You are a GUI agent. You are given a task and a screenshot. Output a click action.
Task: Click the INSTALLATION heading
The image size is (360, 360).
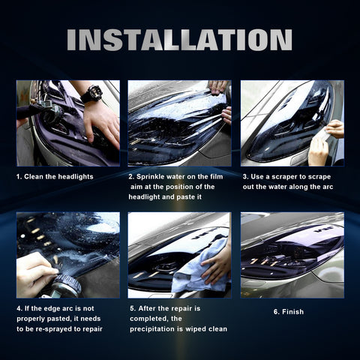tap(179, 40)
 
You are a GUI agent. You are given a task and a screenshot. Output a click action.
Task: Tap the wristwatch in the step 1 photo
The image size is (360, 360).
tap(91, 94)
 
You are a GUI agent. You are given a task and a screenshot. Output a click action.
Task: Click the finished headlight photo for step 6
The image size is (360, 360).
tap(292, 255)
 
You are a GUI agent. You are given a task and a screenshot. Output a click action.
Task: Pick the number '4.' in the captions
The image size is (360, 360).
tap(19, 308)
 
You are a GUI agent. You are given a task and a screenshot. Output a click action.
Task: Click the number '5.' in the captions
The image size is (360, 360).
tap(132, 308)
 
